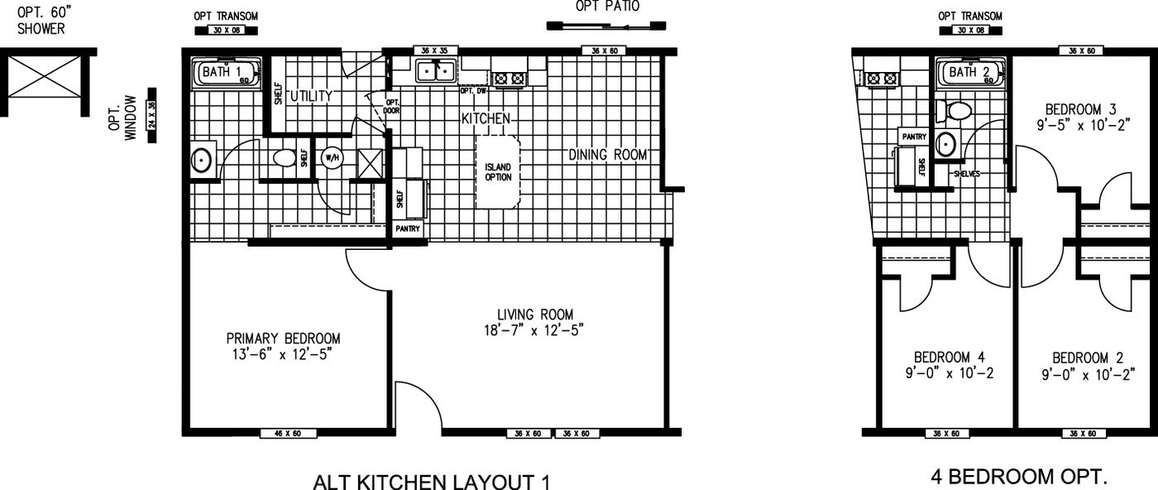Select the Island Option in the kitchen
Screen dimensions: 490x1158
coord(498,171)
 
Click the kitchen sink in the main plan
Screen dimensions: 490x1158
coord(436,72)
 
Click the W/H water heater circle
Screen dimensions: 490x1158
coord(332,157)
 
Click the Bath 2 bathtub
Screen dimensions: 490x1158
coord(970,73)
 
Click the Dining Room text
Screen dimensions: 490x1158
coord(608,155)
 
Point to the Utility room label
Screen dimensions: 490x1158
coord(310,97)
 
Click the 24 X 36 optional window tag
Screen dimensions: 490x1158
coord(151,114)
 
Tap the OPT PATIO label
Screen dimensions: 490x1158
coord(607,7)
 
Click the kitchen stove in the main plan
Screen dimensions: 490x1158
coord(508,79)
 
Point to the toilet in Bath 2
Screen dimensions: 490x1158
coord(957,111)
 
